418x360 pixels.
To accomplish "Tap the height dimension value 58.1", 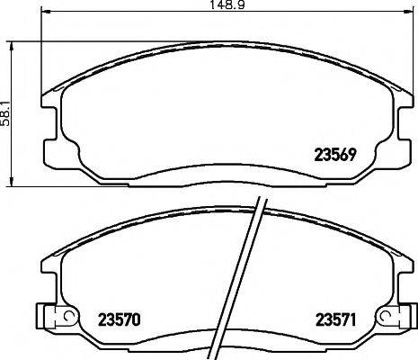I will (x=5, y=114).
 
